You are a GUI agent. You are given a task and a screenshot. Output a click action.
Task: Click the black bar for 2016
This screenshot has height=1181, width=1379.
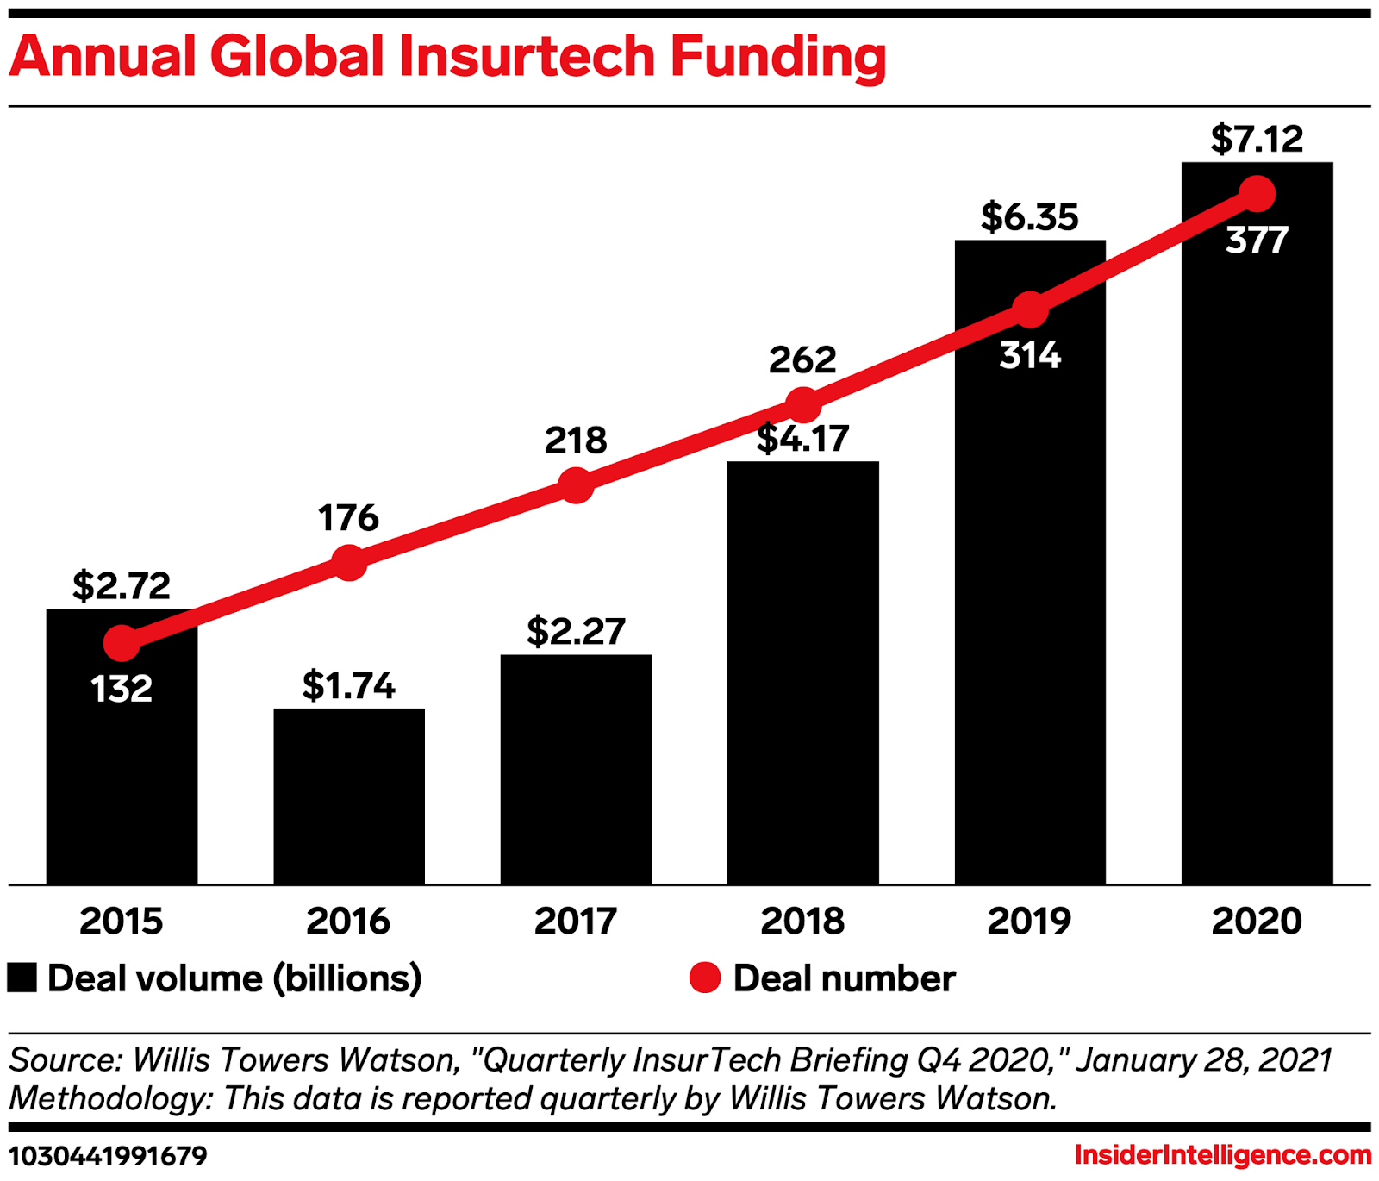[349, 797]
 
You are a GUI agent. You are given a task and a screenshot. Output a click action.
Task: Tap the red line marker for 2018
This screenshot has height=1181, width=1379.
[803, 404]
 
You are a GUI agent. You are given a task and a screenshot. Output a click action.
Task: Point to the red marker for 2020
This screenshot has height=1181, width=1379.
[1257, 194]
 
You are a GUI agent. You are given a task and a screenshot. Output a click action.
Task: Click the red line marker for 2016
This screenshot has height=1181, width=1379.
[349, 563]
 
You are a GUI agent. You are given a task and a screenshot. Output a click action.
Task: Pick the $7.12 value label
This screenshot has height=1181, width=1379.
[1257, 139]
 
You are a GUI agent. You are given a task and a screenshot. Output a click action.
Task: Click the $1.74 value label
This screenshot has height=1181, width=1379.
[348, 686]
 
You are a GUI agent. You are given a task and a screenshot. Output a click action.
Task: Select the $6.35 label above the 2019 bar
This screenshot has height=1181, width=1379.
[1029, 217]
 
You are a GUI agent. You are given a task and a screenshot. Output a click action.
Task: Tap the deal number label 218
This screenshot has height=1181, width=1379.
[576, 441]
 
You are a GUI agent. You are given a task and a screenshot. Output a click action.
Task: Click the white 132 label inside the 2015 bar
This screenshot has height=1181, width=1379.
[122, 689]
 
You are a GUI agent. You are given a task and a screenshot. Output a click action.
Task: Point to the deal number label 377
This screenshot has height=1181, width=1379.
[1257, 240]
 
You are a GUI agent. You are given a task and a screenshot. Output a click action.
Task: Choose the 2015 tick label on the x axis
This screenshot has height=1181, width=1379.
[122, 921]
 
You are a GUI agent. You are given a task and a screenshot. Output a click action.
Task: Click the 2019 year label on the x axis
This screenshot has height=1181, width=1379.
[1029, 921]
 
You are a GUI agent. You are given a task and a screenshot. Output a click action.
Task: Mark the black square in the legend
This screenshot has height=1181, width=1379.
[22, 978]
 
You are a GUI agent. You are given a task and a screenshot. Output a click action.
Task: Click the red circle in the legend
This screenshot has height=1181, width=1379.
[705, 978]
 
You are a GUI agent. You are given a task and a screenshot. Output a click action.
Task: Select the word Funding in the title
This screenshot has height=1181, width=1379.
[778, 57]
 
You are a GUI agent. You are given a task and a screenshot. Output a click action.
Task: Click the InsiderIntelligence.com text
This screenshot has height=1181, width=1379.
[1222, 1155]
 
